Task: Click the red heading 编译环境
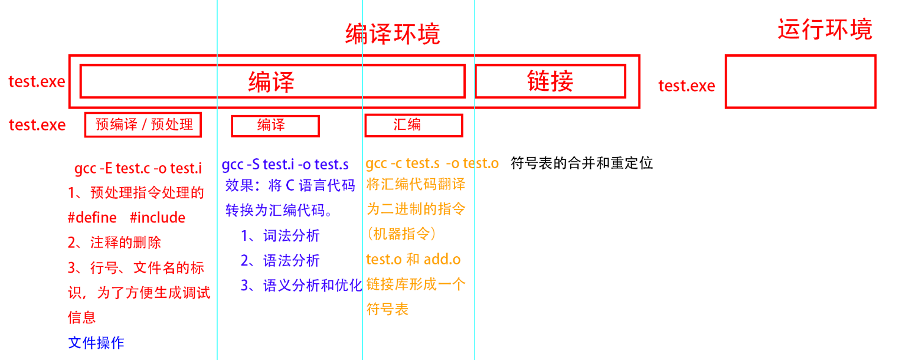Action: (x=393, y=34)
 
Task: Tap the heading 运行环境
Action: (x=825, y=30)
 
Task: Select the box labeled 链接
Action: (x=550, y=81)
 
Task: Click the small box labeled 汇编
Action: (x=413, y=125)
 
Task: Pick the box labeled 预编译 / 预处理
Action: (x=143, y=125)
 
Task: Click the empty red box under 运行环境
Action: (x=800, y=81)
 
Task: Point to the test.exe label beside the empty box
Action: (x=687, y=86)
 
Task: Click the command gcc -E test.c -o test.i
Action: (x=138, y=168)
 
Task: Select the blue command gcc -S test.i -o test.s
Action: (x=285, y=165)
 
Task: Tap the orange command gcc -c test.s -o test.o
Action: (x=432, y=163)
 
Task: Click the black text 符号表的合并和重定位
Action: (x=581, y=163)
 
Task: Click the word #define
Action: (x=92, y=218)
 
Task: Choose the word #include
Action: (x=158, y=218)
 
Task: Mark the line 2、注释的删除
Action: (x=115, y=243)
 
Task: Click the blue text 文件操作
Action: (x=96, y=342)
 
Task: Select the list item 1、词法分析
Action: (x=280, y=235)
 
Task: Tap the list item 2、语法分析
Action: (x=280, y=260)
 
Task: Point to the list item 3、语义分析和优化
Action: (x=301, y=286)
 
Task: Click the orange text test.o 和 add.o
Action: (x=413, y=259)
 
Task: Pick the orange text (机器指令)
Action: (x=401, y=234)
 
